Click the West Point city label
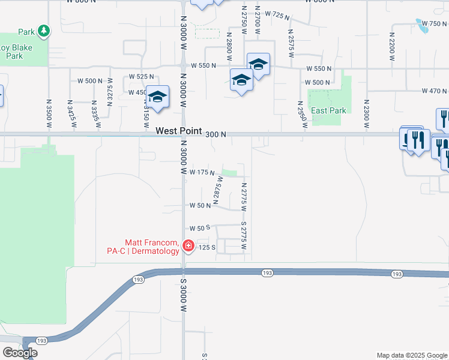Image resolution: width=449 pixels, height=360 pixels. pyautogui.click(x=179, y=131)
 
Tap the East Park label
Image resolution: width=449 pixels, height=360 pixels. pyautogui.click(x=329, y=110)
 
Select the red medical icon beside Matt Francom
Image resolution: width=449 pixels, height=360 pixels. pyautogui.click(x=188, y=246)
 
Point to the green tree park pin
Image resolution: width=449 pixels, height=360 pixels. pyautogui.click(x=43, y=31)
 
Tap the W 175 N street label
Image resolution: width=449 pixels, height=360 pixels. pyautogui.click(x=202, y=173)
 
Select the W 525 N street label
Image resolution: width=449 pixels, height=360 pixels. pyautogui.click(x=141, y=77)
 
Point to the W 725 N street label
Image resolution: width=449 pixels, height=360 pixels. pyautogui.click(x=285, y=14)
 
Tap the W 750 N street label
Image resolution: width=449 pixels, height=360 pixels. pyautogui.click(x=434, y=23)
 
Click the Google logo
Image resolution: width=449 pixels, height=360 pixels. pyautogui.click(x=20, y=353)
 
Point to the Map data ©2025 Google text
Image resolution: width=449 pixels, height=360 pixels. pyautogui.click(x=412, y=355)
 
